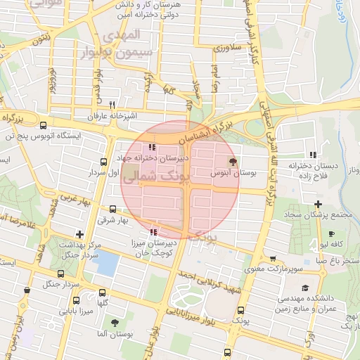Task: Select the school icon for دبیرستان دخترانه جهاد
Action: point(153,147)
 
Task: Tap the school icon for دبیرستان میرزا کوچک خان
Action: point(153,231)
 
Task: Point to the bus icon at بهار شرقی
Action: point(114,209)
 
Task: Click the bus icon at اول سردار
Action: point(104,161)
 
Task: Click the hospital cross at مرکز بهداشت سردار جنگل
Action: point(80,233)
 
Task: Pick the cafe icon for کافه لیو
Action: point(331,233)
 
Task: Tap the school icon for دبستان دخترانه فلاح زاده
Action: point(313,154)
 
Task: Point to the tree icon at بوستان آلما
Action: point(114,323)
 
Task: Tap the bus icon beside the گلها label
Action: point(103,293)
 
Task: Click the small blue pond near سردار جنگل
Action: point(105,262)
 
